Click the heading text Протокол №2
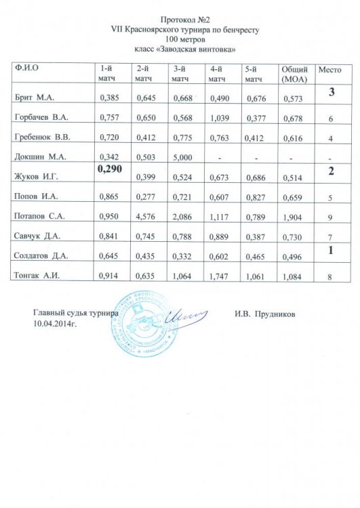click(180, 20)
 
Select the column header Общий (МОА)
click(295, 74)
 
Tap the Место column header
click(330, 70)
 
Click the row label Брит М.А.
click(39, 99)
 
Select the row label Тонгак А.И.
click(42, 276)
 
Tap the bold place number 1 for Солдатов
click(332, 250)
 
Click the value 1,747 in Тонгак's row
click(220, 276)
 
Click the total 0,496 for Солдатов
click(294, 256)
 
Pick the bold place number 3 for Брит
click(332, 92)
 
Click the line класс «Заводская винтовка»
click(180, 49)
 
